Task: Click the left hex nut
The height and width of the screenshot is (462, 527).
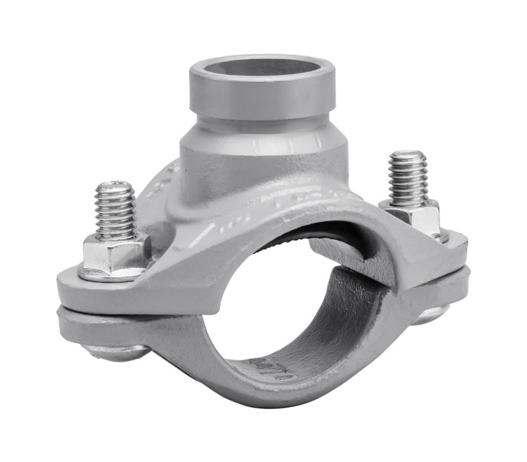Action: coord(115,252)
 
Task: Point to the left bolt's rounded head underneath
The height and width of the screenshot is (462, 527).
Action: coord(116,352)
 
